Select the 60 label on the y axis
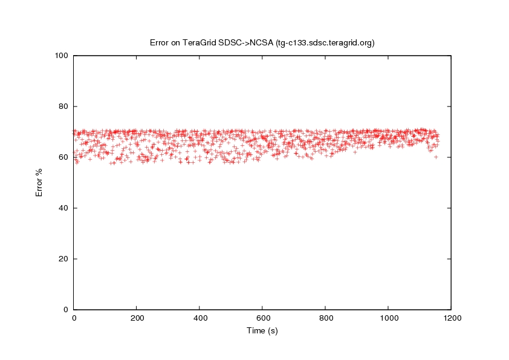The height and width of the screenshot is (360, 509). pyautogui.click(x=62, y=157)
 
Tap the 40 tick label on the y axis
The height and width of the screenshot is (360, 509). pyautogui.click(x=62, y=208)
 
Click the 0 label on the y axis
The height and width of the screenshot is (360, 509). pyautogui.click(x=65, y=310)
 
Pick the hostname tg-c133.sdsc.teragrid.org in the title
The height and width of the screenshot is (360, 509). pyautogui.click(x=325, y=43)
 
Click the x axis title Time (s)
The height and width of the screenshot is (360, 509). pyautogui.click(x=262, y=331)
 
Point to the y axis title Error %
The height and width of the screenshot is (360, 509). pyautogui.click(x=39, y=182)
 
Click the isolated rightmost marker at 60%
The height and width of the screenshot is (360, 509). pyautogui.click(x=436, y=157)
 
